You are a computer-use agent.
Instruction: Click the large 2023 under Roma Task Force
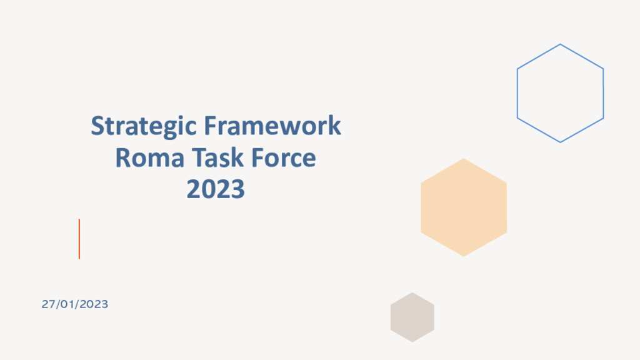[216, 189]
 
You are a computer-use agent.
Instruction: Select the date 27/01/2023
[75, 304]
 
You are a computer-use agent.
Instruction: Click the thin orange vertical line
[79, 239]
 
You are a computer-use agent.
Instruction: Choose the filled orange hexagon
[464, 207]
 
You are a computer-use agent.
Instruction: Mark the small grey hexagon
[412, 317]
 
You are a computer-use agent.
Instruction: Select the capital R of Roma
[122, 157]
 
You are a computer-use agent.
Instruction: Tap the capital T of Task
[198, 157]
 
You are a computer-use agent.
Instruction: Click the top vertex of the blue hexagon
[560, 44]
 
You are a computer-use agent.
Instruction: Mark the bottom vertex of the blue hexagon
[560, 142]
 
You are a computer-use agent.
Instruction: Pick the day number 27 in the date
[48, 304]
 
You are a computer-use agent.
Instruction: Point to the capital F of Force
[257, 157]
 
